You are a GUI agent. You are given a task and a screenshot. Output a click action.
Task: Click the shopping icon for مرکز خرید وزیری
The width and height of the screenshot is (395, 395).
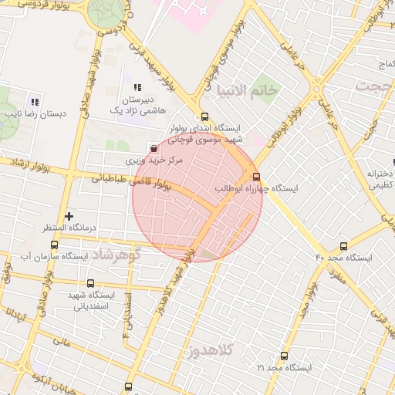[154, 147]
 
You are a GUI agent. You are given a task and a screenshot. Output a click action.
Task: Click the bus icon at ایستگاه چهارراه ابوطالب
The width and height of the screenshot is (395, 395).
[257, 176]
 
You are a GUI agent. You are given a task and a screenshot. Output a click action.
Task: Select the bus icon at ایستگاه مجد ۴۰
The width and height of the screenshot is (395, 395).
[343, 246]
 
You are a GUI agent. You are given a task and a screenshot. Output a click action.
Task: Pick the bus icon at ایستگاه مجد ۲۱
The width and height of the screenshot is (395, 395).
[285, 356]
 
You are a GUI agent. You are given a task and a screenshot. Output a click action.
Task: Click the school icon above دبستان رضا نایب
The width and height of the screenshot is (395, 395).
[34, 101]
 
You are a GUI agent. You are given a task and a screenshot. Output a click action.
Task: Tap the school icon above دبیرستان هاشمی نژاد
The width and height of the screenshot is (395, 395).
[138, 87]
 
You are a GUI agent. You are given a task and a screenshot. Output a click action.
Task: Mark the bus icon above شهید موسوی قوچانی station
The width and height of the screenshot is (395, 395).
[204, 117]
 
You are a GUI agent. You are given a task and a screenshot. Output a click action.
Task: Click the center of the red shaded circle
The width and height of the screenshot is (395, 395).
[197, 197]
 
